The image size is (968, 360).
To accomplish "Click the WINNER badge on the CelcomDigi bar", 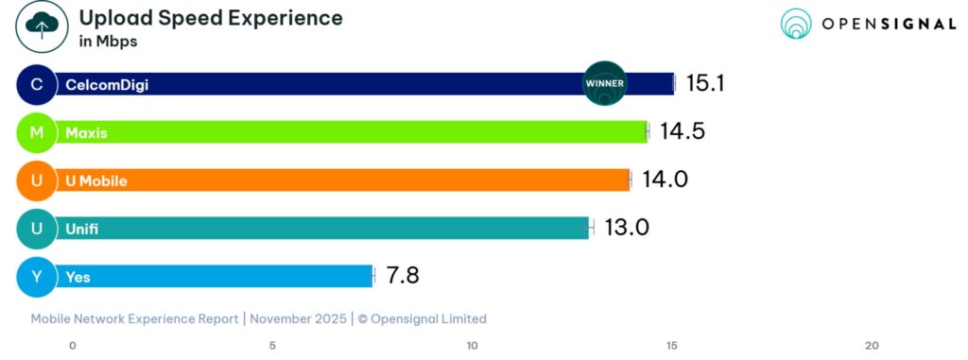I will point(605,83).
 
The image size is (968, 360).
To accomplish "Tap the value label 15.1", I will point(704,83).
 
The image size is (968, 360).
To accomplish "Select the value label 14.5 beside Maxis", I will point(682,131).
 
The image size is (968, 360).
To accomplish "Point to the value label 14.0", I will point(665,180).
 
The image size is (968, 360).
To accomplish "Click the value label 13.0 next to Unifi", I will point(626,228).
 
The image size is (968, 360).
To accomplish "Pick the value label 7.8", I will point(402,276).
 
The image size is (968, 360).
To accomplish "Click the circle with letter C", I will point(37,84).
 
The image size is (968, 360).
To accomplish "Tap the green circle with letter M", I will point(37,132).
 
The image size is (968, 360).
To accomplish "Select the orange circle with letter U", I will point(37,180).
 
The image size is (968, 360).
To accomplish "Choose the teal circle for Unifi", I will point(37,229).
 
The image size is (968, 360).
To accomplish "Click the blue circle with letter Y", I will point(37,277).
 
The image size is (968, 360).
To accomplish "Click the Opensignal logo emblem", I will point(796,25).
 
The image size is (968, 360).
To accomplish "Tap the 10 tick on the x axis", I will point(473,346).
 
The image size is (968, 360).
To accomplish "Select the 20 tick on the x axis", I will point(872,346).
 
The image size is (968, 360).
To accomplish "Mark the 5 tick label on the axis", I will point(272,346).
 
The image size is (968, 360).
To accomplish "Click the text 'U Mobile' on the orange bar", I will point(95,180).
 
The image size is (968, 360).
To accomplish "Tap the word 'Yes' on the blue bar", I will point(78,277).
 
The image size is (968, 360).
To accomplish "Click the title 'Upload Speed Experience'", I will point(210,18).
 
